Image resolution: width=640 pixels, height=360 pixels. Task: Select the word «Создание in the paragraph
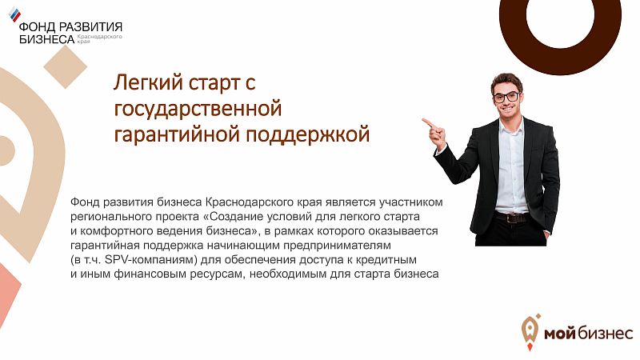218,217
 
